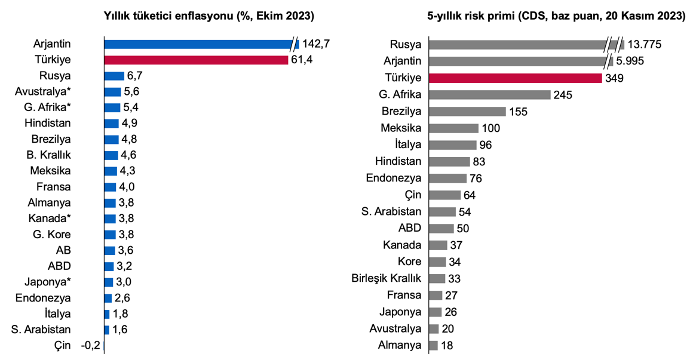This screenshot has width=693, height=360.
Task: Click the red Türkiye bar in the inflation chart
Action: [196, 60]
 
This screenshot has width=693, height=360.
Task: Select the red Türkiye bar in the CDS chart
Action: [516, 78]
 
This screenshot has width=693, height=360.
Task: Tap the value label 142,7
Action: [316, 44]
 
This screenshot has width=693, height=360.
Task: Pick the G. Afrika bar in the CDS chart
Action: [490, 94]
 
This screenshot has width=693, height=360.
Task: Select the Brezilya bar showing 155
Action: [467, 111]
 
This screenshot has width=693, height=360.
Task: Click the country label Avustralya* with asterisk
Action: [43, 91]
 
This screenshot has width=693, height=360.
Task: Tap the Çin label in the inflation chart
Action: [62, 345]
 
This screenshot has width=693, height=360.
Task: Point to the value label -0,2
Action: [90, 345]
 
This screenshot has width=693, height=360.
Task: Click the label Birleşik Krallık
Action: [387, 278]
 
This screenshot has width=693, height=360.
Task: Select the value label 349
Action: [615, 78]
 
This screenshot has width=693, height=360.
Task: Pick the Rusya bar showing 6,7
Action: [114, 76]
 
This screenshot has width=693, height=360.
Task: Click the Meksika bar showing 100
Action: [453, 128]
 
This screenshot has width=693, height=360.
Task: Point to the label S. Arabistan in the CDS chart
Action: [391, 211]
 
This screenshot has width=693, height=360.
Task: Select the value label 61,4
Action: [302, 60]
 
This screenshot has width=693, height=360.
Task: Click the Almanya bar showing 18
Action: [433, 346]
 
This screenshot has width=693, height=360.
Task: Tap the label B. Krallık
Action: [48, 155]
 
